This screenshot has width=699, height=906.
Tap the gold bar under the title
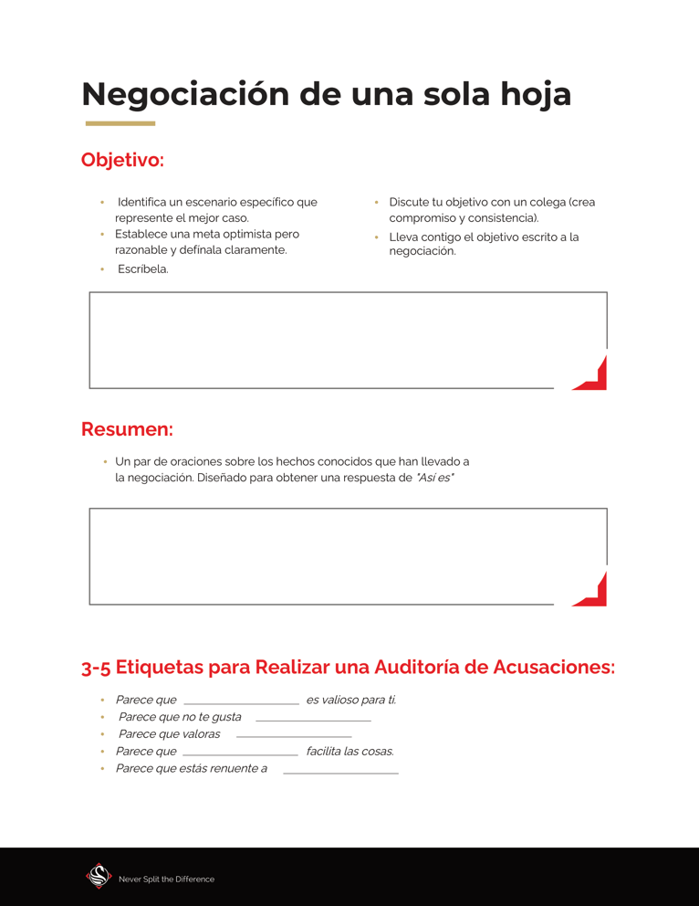coord(120,123)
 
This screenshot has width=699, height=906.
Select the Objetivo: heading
coord(122,160)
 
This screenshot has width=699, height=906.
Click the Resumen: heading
coord(127,429)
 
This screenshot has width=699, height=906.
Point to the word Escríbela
coord(143,269)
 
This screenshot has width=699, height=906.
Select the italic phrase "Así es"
coord(435,478)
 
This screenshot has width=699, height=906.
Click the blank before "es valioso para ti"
coord(242,701)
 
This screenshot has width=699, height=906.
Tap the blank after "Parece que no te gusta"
coord(313,719)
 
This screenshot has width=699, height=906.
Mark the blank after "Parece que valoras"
coord(294,735)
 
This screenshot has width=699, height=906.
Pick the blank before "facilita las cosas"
coord(241,753)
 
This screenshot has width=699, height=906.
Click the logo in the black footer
coord(99,876)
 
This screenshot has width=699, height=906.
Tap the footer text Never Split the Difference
coord(166,880)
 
